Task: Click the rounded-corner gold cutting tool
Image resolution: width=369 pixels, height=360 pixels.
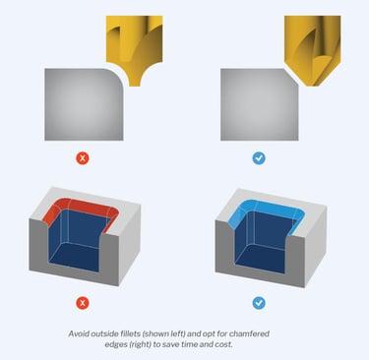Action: (x=134, y=46)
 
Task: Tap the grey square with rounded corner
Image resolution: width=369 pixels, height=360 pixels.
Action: (x=84, y=104)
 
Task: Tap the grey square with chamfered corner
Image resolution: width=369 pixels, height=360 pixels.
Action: (x=259, y=104)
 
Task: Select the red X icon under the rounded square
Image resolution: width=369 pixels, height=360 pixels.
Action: (x=83, y=158)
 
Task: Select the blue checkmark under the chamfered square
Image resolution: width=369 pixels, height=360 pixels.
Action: (x=259, y=158)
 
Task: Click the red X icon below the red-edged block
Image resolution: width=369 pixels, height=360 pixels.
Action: (x=83, y=303)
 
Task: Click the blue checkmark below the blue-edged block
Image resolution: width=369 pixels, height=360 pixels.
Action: (x=259, y=303)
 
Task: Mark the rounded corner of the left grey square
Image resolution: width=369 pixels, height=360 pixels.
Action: (x=117, y=75)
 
